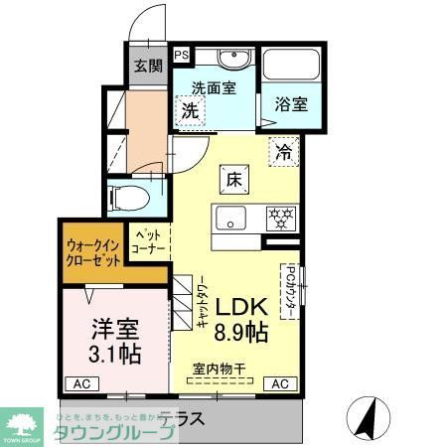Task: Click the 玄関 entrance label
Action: pyautogui.click(x=148, y=67)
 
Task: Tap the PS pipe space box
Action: pyautogui.click(x=182, y=56)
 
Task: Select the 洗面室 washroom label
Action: pyautogui.click(x=214, y=87)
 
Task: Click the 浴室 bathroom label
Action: pyautogui.click(x=292, y=102)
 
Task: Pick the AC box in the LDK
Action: pyautogui.click(x=280, y=383)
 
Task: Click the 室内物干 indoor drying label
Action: pyautogui.click(x=221, y=370)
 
